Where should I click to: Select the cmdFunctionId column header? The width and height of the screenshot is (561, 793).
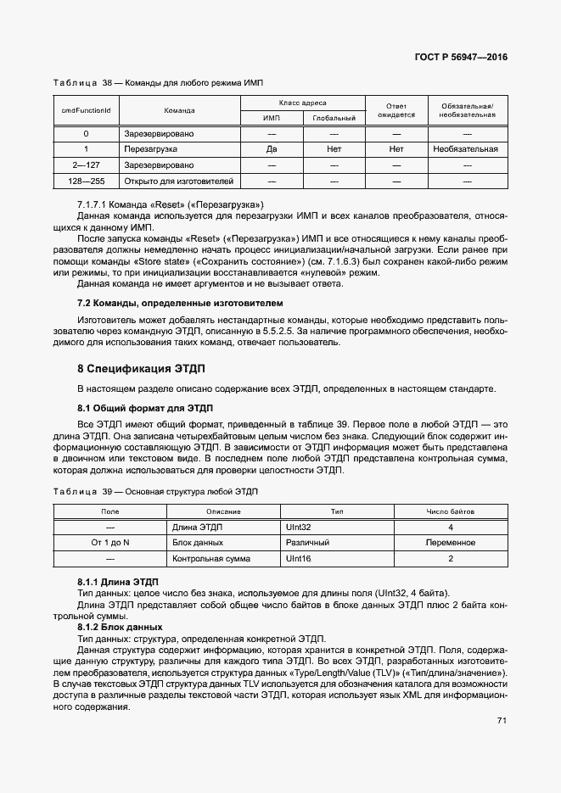86,110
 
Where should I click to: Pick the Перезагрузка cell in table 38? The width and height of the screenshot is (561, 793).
148,149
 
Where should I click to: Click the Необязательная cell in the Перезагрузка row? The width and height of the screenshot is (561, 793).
464,149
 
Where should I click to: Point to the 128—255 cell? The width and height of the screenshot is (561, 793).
86,181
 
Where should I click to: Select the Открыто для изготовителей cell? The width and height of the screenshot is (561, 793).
178,181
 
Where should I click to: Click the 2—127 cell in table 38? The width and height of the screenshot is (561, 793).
86,165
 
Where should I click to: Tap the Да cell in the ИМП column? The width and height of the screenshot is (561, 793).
272,149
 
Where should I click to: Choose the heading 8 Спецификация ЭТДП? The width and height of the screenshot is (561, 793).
141,369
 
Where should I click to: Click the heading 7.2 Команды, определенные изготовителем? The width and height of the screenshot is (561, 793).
181,303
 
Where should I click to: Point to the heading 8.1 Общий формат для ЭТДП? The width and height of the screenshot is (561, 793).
145,408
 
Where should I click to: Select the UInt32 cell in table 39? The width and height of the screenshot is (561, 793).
302,528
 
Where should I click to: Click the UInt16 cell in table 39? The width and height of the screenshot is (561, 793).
302,559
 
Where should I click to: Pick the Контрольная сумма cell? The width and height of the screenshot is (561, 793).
210,559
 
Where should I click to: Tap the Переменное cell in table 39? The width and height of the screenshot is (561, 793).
450,543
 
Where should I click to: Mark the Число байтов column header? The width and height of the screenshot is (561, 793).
450,512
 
